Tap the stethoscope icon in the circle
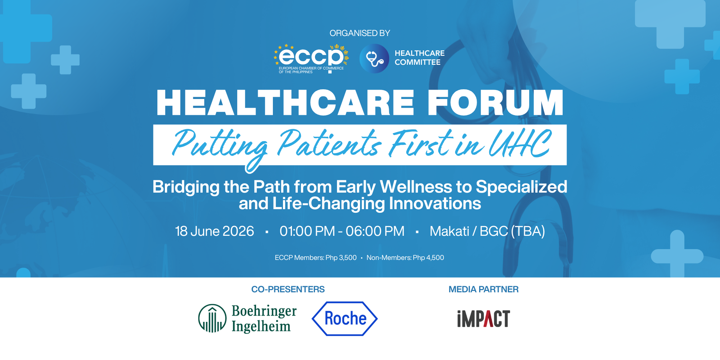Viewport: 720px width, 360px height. pos(374,59)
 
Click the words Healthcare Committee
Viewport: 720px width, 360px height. pos(419,58)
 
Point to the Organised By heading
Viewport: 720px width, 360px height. pos(360,33)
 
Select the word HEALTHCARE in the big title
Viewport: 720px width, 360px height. pos(285,103)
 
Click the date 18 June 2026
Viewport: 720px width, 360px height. pos(215,231)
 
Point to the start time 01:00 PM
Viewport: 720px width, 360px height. pos(307,231)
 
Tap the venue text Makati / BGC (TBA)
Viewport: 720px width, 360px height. pos(487,231)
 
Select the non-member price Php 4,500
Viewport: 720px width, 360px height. pos(428,258)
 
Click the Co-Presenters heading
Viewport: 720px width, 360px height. pos(288,289)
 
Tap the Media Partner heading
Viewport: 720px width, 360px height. pos(483,289)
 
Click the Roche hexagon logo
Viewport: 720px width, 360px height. pos(345,319)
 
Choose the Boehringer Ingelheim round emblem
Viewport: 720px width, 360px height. pos(212,318)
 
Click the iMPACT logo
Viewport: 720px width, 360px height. pos(483,319)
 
